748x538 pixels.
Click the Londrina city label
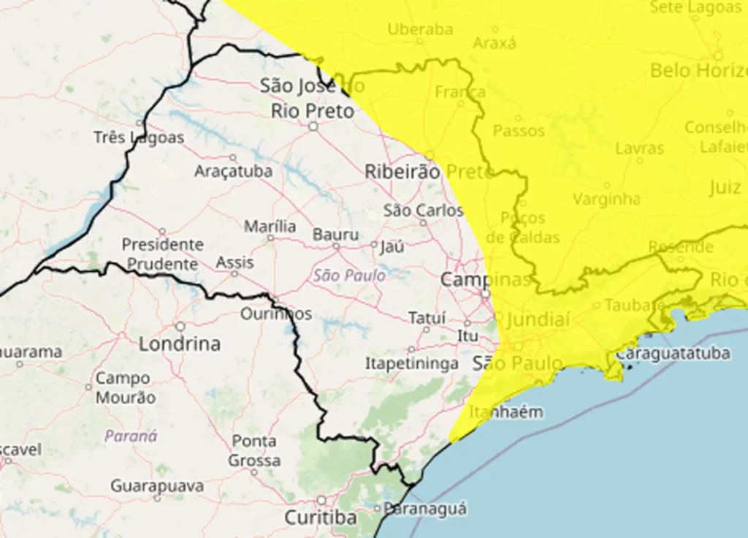(180, 344)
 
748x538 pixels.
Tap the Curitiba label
(321, 518)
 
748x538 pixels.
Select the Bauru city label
(336, 235)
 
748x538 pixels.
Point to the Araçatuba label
(233, 171)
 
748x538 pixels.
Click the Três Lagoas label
(139, 137)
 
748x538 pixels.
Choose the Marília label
(270, 227)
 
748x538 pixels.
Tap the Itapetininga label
(412, 363)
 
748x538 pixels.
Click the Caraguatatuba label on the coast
(673, 354)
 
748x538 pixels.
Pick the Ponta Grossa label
(254, 451)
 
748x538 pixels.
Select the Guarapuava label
(156, 485)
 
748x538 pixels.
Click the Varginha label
(606, 199)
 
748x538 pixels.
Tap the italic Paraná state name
(131, 436)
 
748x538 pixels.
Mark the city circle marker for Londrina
(180, 326)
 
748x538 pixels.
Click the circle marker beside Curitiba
(321, 501)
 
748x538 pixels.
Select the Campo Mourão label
(125, 388)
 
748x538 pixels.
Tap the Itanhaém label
(506, 412)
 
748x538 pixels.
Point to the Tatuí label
(427, 318)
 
